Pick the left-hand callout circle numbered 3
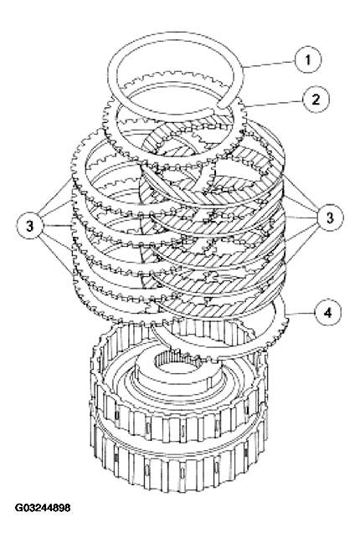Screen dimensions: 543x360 [32, 224]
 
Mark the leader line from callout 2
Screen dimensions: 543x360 [272, 104]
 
